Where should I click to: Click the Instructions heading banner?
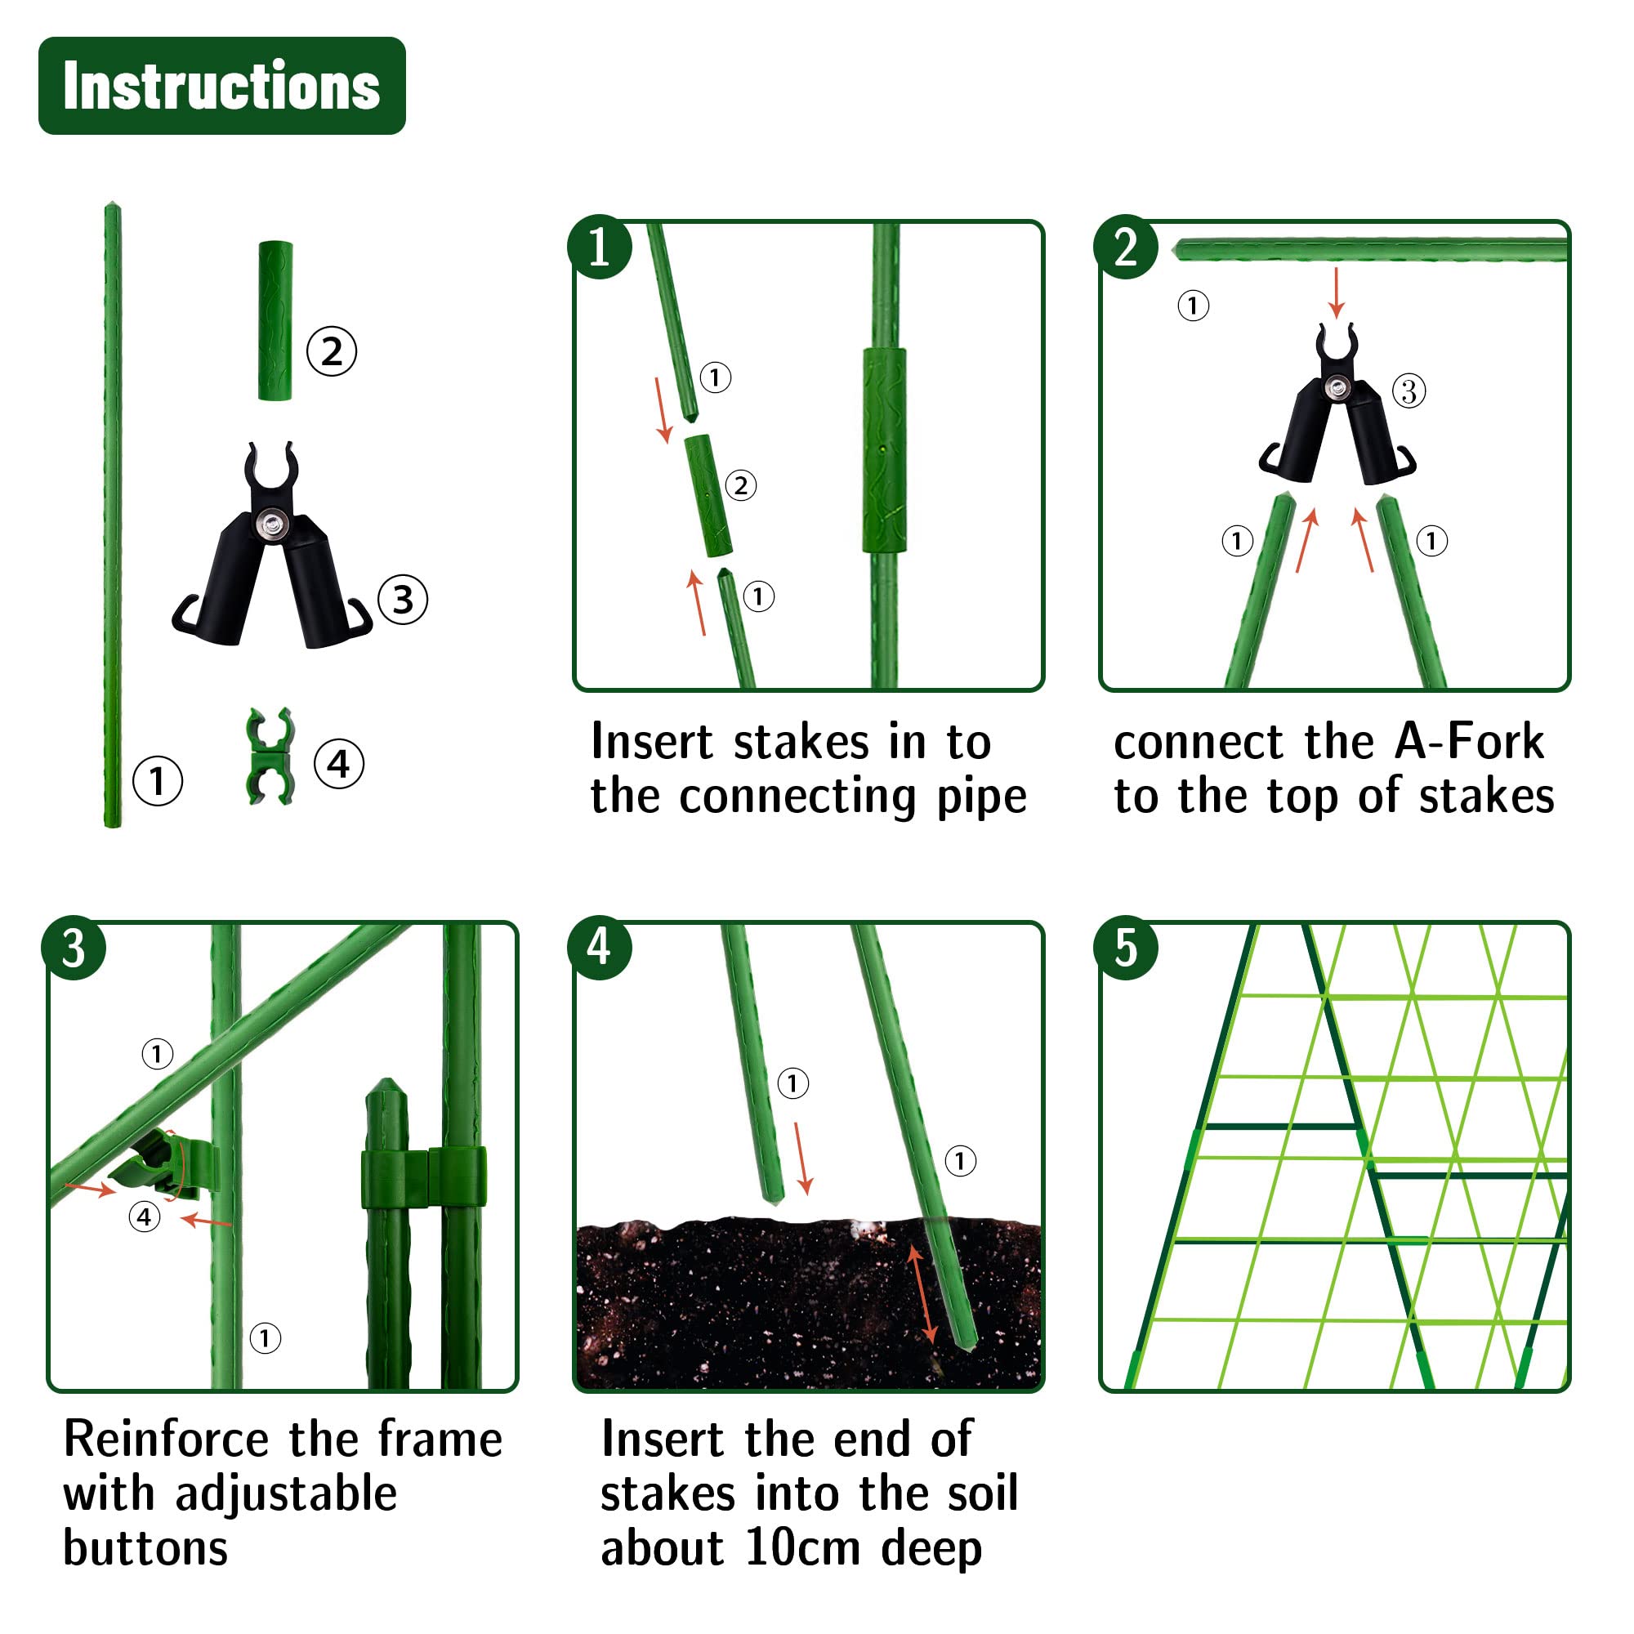221,86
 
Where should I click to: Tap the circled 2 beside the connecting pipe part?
332,351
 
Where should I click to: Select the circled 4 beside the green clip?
339,764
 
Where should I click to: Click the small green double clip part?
270,756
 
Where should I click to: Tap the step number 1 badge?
600,247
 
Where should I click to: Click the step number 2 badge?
1126,247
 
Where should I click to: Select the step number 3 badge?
74,948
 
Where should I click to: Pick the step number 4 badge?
600,948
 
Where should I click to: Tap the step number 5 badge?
1126,948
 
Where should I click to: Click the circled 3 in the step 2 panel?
1409,391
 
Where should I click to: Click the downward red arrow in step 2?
1337,292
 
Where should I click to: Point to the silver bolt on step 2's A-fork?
1337,388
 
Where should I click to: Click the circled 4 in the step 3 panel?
145,1217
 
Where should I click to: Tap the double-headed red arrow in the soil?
922,1294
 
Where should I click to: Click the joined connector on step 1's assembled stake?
885,450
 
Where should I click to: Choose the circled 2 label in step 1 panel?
741,485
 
